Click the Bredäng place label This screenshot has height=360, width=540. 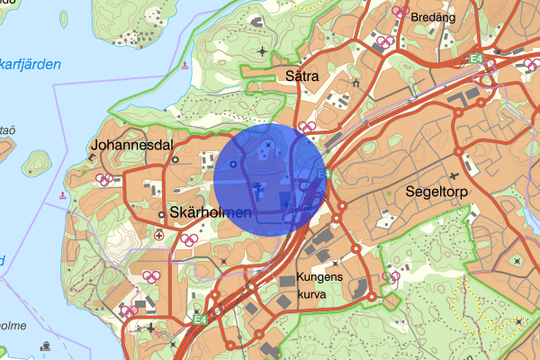(432, 17)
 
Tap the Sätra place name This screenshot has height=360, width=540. (301, 76)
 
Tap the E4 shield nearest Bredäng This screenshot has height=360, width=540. (476, 60)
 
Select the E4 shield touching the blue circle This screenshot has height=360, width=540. (325, 174)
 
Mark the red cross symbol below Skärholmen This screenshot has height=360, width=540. (159, 235)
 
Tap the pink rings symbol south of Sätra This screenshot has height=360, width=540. (308, 127)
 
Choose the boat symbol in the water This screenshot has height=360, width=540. (45, 346)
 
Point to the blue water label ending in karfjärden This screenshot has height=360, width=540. (31, 64)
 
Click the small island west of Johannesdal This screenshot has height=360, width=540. (37, 163)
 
